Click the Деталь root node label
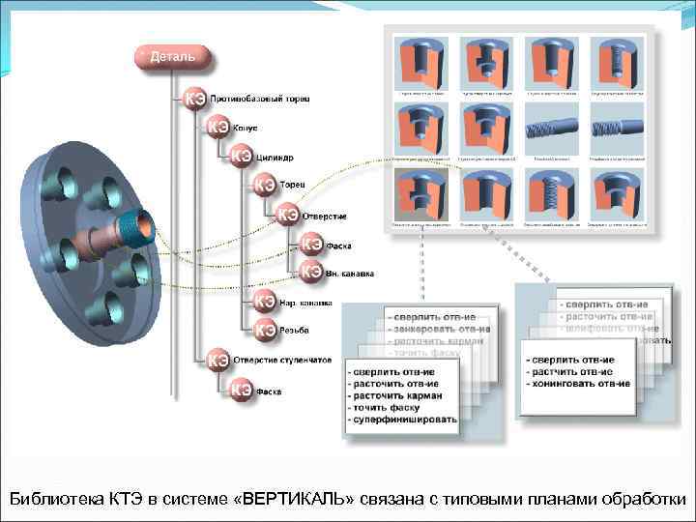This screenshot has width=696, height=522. (171, 56)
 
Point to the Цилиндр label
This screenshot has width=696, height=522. (275, 157)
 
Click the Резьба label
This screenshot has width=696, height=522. (294, 331)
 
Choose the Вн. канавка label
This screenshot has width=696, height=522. (349, 273)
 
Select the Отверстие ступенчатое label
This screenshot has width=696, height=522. (282, 360)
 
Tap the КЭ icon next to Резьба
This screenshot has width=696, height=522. (265, 331)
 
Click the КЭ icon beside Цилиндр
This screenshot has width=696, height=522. (241, 156)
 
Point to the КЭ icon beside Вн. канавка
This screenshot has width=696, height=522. (312, 273)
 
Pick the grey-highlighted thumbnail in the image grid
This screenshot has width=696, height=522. (421, 195)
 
